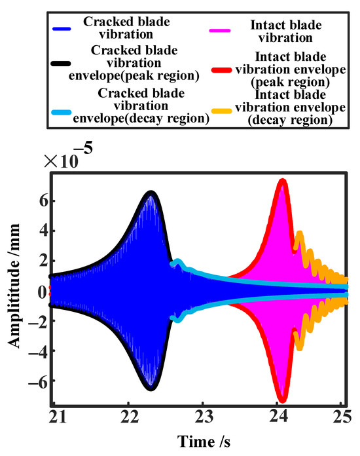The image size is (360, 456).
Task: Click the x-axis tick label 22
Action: [x=129, y=417]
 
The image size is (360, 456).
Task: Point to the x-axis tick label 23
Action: [x=204, y=417]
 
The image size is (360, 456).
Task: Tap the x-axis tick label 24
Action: [x=278, y=417]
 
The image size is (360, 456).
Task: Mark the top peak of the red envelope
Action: [x=282, y=180]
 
